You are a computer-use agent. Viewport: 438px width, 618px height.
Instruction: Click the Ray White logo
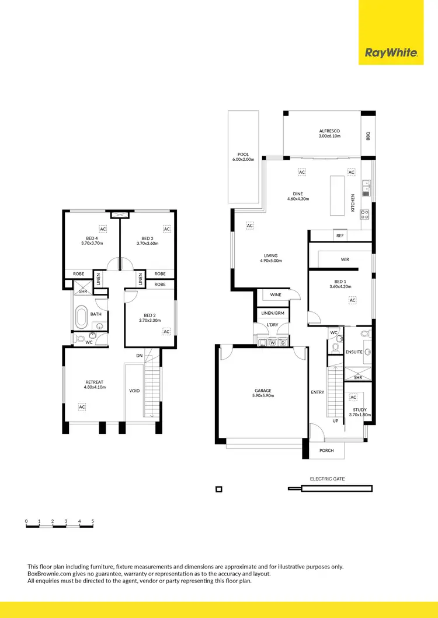pyautogui.click(x=391, y=53)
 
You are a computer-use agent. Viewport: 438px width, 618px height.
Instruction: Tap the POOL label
pyautogui.click(x=243, y=154)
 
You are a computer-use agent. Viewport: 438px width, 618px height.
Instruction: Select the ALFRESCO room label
pyautogui.click(x=329, y=131)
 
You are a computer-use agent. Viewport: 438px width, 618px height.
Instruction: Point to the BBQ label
pyautogui.click(x=369, y=135)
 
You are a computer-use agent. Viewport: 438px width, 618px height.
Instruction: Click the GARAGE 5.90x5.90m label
pyautogui.click(x=263, y=391)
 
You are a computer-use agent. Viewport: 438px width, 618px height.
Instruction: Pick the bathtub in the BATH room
pyautogui.click(x=82, y=318)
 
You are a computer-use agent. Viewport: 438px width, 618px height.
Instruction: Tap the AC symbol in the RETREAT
pyautogui.click(x=82, y=406)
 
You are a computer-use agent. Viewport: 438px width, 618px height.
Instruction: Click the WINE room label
pyautogui.click(x=276, y=295)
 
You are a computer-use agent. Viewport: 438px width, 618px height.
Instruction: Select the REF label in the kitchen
pyautogui.click(x=340, y=236)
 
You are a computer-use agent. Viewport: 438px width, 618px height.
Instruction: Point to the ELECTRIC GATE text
pyautogui.click(x=327, y=479)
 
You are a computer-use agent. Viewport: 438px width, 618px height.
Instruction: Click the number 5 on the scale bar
pyautogui.click(x=92, y=521)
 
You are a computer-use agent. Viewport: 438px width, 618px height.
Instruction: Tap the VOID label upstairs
pyautogui.click(x=134, y=391)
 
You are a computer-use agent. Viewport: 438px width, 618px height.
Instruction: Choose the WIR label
pyautogui.click(x=345, y=259)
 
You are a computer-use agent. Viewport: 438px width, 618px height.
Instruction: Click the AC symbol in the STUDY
pyautogui.click(x=353, y=397)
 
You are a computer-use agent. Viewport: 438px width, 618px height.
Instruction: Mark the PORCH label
pyautogui.click(x=326, y=451)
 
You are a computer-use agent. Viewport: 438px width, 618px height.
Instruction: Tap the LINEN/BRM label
pyautogui.click(x=272, y=314)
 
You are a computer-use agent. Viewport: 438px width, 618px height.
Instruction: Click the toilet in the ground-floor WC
pyautogui.click(x=336, y=346)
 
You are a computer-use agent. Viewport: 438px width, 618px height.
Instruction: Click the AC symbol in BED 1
pyautogui.click(x=352, y=300)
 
